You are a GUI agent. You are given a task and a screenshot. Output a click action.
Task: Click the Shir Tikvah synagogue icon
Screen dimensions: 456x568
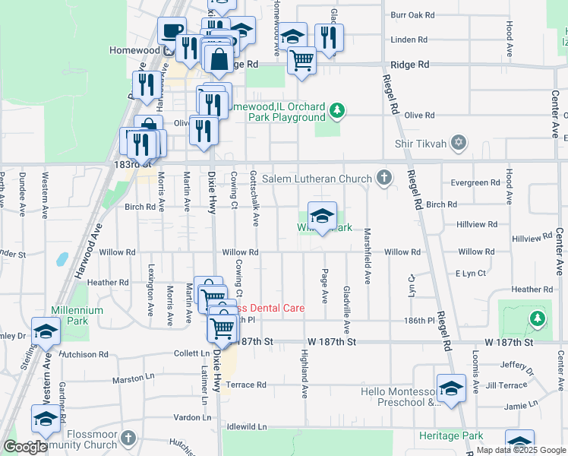point(458,143)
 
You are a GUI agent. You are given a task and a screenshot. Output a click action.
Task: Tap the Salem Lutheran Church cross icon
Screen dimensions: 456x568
point(384,179)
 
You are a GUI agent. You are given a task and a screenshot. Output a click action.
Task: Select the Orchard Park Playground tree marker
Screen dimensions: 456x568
point(336,112)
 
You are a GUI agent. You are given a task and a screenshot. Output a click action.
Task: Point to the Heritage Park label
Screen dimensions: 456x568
point(451,436)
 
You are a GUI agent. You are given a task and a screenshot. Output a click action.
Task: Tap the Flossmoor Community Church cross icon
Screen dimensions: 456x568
point(128,438)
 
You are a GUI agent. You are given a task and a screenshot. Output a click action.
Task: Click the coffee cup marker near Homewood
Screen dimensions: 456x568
point(172,30)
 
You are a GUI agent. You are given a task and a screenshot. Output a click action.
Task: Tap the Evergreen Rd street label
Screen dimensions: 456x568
point(474,182)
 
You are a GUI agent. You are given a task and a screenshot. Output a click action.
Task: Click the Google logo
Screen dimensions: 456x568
point(25,447)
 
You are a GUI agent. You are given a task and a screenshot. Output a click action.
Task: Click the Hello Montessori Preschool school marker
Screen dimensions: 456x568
point(451,388)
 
